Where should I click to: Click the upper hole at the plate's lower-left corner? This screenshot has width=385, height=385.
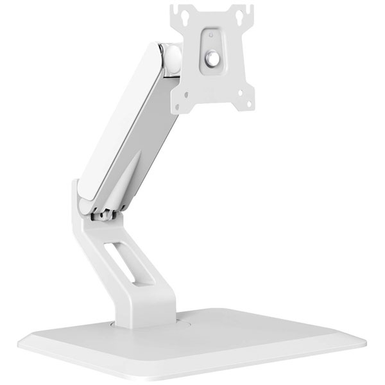[x=184, y=92]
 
